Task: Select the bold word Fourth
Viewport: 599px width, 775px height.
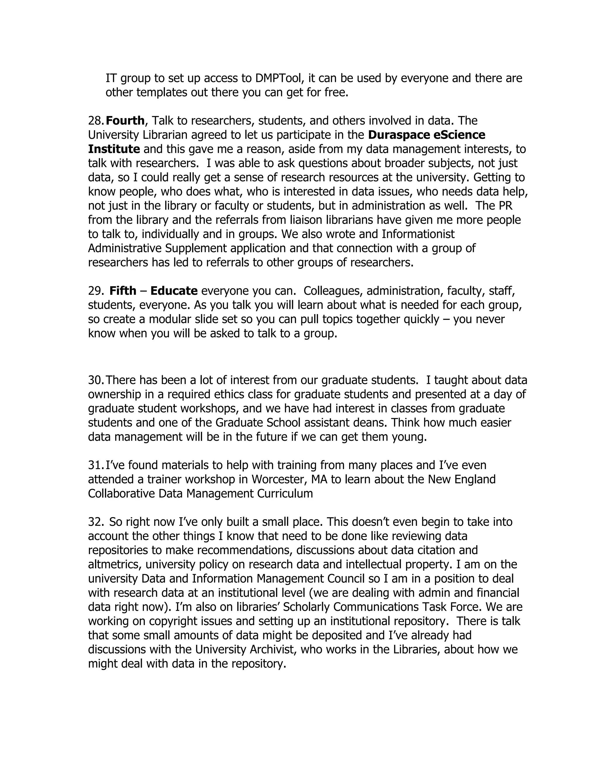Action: click(125, 121)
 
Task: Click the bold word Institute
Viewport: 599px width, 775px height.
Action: click(114, 149)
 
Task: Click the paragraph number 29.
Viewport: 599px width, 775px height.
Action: click(96, 291)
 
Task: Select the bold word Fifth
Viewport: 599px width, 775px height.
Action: click(123, 291)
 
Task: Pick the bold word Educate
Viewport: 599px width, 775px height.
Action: click(174, 291)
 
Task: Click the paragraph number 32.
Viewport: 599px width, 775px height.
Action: click(96, 522)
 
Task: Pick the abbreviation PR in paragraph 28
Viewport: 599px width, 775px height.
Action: click(506, 206)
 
